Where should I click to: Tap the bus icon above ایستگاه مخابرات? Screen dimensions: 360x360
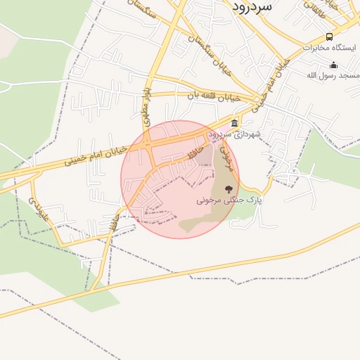tap(329, 37)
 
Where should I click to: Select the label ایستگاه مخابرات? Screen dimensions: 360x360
tap(326, 47)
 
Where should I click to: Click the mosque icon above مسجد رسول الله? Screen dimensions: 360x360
tap(333, 65)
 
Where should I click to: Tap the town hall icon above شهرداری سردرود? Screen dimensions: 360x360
tap(234, 123)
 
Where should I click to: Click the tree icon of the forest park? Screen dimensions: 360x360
tap(228, 188)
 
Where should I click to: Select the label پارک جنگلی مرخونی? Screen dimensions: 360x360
tap(229, 200)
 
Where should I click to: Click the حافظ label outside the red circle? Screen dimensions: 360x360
tap(112, 226)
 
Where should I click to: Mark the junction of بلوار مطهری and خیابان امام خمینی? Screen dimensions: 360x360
tap(150, 145)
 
